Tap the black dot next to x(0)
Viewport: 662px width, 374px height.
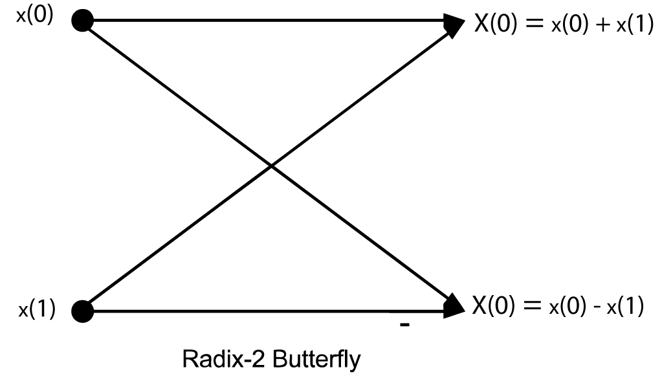pos(82,21)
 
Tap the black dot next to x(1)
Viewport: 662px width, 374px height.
pos(82,311)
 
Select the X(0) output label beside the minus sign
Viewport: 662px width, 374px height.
pos(494,305)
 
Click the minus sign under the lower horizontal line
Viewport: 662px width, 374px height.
pos(405,326)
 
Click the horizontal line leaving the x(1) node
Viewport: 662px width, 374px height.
pos(259,311)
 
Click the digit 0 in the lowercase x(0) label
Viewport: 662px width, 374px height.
pos(40,15)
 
